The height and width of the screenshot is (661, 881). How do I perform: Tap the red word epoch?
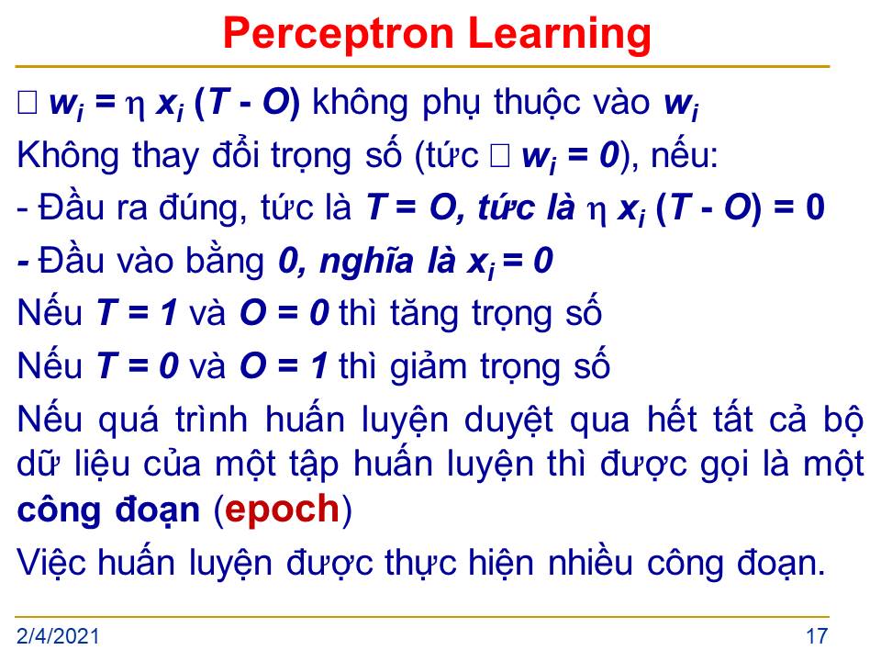282,510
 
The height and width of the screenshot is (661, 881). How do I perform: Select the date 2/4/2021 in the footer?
58,636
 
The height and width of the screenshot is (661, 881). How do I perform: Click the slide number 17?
817,636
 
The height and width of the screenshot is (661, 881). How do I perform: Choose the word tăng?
424,314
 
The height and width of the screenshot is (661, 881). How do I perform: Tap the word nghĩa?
366,261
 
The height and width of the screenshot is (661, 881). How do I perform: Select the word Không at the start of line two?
68,154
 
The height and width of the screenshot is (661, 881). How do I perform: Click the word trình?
211,419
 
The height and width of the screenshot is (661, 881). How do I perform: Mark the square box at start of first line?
28,103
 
